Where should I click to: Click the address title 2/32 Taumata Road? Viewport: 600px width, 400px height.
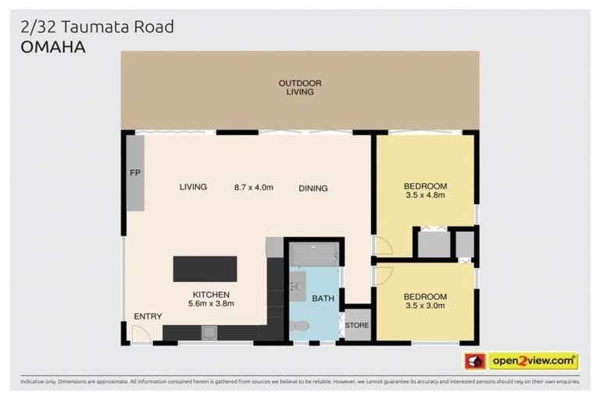click(x=98, y=27)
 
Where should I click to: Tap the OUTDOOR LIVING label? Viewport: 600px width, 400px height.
click(x=300, y=87)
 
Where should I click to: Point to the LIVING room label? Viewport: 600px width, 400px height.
click(x=193, y=187)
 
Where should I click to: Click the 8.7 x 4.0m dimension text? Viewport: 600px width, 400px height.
click(x=254, y=187)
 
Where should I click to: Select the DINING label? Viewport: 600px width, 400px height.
click(x=312, y=188)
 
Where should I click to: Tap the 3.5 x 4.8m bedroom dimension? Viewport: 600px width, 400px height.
click(x=425, y=195)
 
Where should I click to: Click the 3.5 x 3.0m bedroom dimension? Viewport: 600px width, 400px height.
click(x=425, y=306)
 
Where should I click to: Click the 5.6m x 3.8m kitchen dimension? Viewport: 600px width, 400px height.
click(x=211, y=303)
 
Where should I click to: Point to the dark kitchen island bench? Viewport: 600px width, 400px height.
click(x=205, y=269)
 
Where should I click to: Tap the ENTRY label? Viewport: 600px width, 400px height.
click(x=148, y=316)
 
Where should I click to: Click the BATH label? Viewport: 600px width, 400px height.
click(x=323, y=298)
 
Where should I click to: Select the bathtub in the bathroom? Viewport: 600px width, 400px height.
click(x=314, y=254)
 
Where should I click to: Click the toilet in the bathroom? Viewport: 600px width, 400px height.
click(x=300, y=326)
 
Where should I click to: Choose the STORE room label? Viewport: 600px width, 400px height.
click(x=357, y=325)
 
